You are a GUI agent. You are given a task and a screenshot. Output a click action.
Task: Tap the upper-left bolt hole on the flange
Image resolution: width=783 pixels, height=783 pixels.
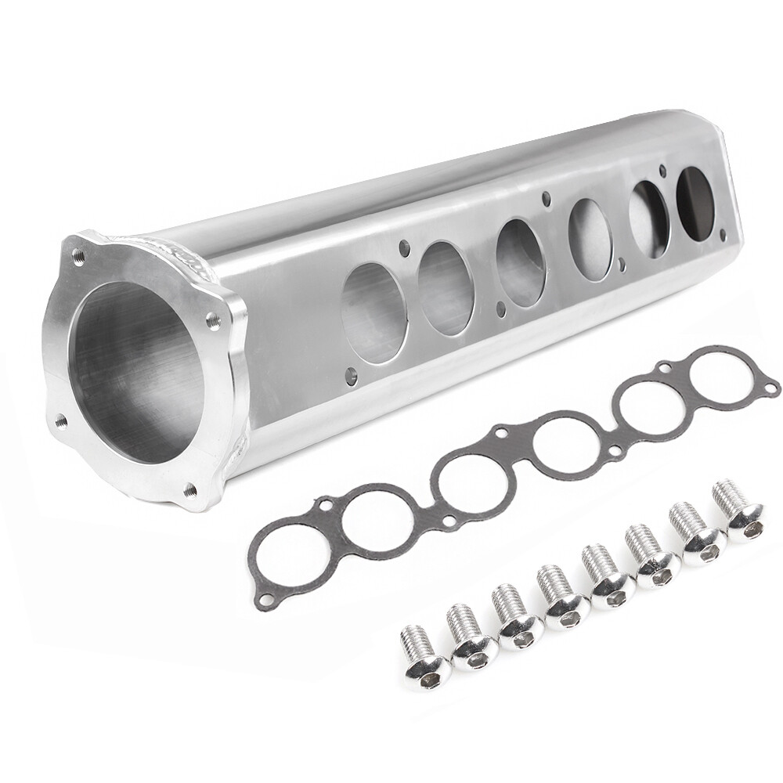(78, 255)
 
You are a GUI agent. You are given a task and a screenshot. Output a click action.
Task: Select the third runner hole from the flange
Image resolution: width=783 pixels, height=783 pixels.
(521, 262)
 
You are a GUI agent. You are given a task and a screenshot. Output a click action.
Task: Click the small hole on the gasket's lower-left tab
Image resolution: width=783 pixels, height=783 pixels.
(267, 599)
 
